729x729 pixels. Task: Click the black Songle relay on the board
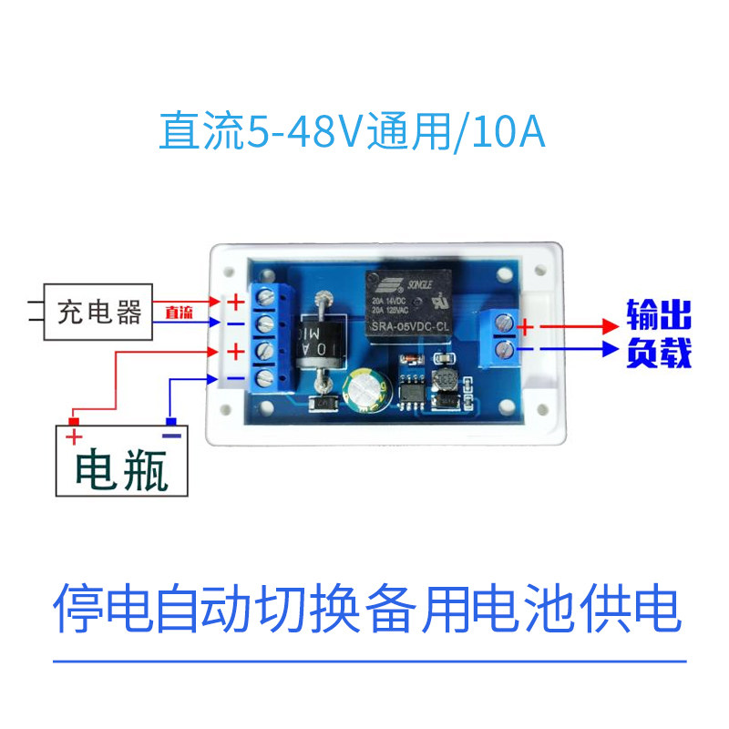[x=410, y=306]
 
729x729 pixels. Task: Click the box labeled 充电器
[x=99, y=314]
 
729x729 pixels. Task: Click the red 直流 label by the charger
[x=179, y=313]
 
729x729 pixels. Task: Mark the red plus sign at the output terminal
[x=526, y=324]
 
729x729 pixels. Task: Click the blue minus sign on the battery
[x=171, y=435]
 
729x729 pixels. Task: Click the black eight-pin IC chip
[x=412, y=390]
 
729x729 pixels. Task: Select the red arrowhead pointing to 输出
[x=610, y=324]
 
